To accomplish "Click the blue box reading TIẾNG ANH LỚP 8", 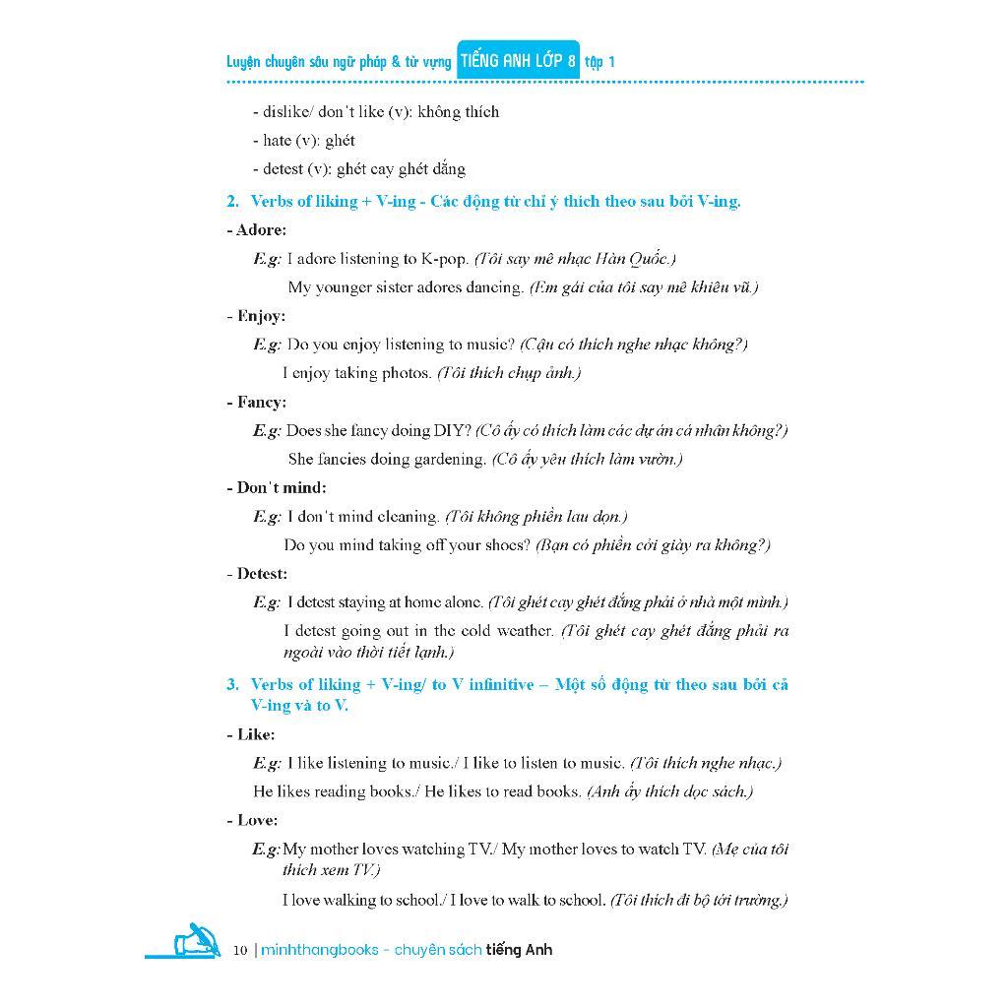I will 518,61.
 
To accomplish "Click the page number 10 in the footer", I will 240,950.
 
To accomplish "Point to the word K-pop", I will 444,259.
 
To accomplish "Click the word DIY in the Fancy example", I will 446,430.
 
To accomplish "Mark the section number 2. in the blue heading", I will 232,201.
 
